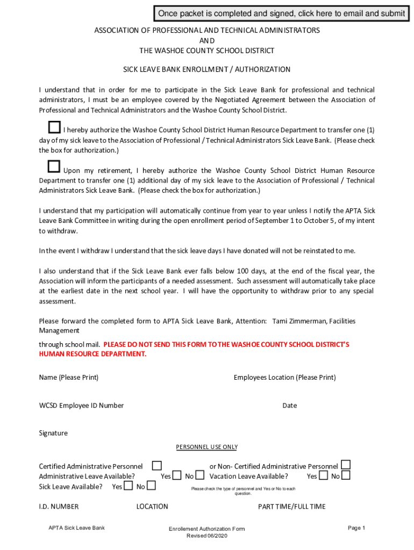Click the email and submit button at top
(281, 13)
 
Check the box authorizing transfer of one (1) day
(54, 127)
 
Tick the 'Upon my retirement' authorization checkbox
(54, 166)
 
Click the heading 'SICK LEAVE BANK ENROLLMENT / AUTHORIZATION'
(207, 69)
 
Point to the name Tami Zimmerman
(298, 321)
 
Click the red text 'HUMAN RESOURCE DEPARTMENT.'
(92, 354)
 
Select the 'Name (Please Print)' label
(69, 378)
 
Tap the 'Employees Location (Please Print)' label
(284, 378)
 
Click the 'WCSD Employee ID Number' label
(81, 406)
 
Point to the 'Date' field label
(289, 406)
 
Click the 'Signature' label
(53, 433)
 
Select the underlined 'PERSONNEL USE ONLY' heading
(207, 447)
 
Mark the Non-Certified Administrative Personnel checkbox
(346, 465)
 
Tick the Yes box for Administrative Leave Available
(176, 475)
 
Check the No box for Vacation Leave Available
(346, 475)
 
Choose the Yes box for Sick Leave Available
(128, 486)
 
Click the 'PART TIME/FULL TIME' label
(291, 506)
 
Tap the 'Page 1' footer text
(356, 528)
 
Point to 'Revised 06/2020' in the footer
(206, 536)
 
